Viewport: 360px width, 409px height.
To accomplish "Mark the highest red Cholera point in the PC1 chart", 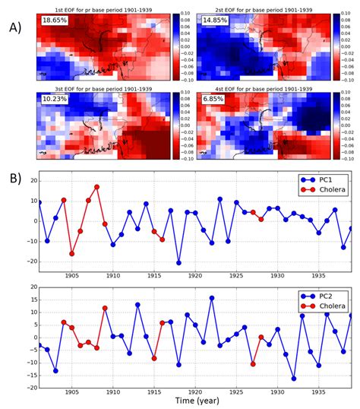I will pos(96,187).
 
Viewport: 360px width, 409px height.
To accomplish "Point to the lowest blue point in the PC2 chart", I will pos(294,378).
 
